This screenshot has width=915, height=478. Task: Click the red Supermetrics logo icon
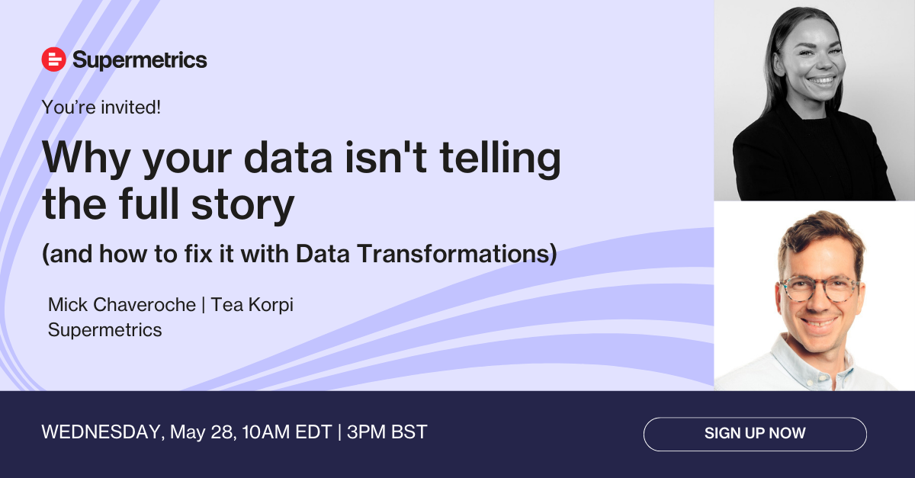53,59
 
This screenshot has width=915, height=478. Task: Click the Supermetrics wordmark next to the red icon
140,60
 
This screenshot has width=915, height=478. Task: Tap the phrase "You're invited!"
101,107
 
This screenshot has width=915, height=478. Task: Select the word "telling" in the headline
500,159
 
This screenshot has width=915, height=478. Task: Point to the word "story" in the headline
242,206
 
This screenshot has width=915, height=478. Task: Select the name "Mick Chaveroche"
122,305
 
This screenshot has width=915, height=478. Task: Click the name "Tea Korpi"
252,305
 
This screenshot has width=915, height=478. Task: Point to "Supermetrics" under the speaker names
105,330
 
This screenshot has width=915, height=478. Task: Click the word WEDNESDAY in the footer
101,432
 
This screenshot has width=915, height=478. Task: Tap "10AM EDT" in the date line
287,432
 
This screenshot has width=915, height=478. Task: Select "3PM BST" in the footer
387,432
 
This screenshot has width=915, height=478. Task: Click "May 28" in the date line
202,433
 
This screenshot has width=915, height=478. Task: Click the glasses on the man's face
819,289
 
